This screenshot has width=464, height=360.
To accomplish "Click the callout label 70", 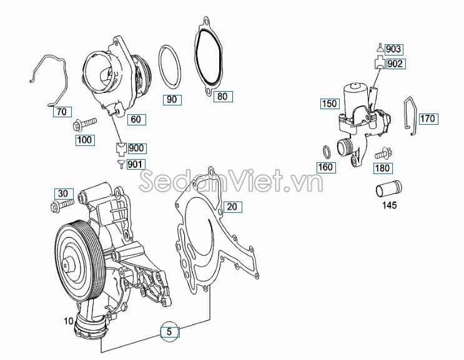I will (x=61, y=112).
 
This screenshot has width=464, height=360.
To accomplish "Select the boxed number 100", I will (x=85, y=140).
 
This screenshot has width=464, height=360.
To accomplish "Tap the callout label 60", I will (x=135, y=119).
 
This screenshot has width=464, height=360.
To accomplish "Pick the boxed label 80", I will (x=222, y=96).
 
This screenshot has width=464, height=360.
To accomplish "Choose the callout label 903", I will (x=393, y=49).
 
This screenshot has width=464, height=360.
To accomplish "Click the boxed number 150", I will (x=330, y=104).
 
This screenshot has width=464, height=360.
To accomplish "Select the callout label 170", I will (x=427, y=119).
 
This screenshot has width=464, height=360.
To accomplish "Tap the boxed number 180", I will (x=383, y=168).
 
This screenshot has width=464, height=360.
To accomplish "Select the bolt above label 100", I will (x=84, y=124).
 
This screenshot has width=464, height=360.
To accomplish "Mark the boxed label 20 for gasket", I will (x=231, y=207).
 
